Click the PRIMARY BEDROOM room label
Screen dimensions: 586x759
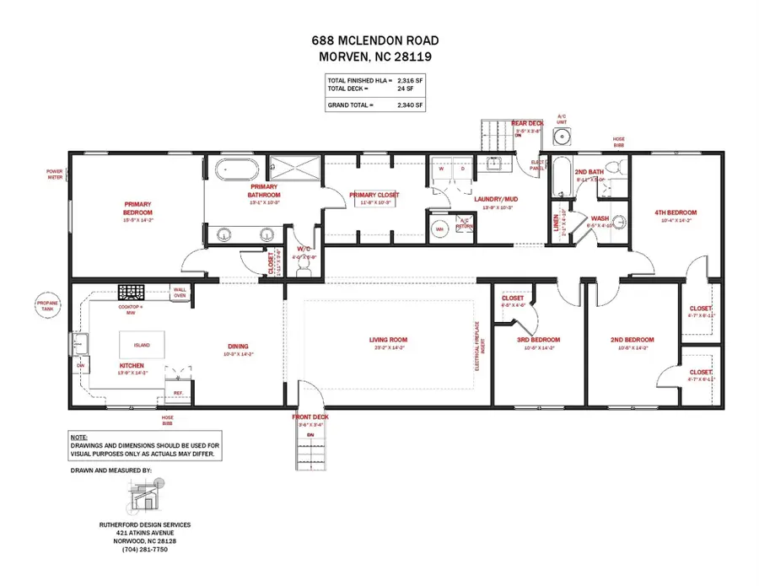click(137, 208)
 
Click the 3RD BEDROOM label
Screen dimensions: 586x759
click(539, 340)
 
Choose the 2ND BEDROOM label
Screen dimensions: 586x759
click(632, 340)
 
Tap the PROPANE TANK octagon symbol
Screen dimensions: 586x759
click(46, 306)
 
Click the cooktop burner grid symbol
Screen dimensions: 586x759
click(132, 292)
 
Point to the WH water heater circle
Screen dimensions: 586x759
click(439, 228)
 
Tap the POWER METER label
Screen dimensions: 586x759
click(55, 174)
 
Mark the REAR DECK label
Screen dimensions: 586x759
click(529, 123)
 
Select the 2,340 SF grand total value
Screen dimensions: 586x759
click(411, 106)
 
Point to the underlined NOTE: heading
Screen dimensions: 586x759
click(78, 437)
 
